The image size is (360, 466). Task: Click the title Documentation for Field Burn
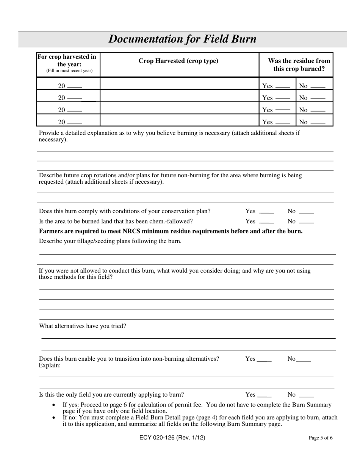coord(182,39)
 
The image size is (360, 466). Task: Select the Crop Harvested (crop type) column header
coord(178,61)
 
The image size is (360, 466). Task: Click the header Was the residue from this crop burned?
coord(299,65)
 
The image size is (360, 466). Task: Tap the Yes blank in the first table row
coord(283,87)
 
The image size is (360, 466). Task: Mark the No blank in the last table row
coord(318,123)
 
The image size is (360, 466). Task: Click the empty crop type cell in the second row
coord(179,96)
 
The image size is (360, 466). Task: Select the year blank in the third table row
coord(74,111)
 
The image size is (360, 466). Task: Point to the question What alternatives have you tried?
coord(83,326)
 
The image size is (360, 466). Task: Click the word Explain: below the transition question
coord(50,366)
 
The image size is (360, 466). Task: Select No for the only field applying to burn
coord(306,396)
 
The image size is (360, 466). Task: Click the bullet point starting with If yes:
coord(197,408)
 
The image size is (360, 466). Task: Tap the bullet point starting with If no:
coord(200,421)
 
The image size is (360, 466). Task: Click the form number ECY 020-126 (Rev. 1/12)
coord(172,438)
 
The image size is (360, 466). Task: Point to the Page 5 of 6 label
coord(321,438)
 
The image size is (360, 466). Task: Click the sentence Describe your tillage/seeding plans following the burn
coord(110,241)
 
